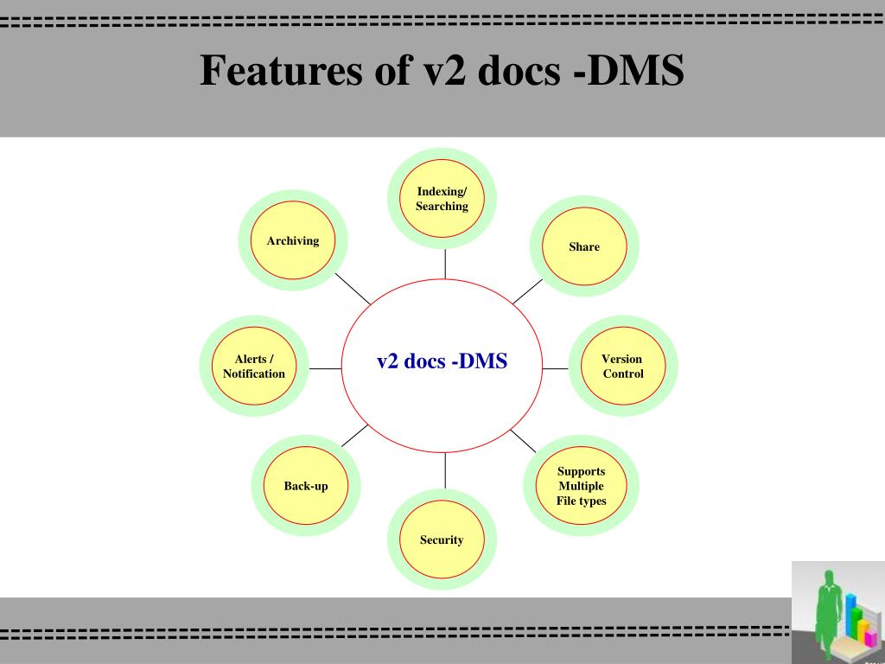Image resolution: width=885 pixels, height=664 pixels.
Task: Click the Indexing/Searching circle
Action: tap(442, 199)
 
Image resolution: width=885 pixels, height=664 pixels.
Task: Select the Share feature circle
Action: tap(583, 246)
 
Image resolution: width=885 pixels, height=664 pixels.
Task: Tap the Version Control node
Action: tap(622, 367)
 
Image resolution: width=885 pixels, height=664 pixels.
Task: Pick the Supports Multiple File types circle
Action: tap(581, 486)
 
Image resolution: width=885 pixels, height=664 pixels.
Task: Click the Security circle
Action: tap(442, 540)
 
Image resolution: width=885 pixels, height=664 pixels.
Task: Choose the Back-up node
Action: tap(306, 486)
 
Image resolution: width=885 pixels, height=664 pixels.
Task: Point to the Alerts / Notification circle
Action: tap(254, 367)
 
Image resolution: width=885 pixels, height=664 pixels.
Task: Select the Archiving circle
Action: tap(293, 241)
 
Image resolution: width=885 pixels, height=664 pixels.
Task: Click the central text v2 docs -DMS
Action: tap(442, 361)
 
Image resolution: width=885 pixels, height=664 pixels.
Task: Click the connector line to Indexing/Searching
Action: tap(445, 264)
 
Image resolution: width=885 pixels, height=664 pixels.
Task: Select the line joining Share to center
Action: tap(527, 291)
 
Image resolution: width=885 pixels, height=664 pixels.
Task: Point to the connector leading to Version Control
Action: tap(555, 368)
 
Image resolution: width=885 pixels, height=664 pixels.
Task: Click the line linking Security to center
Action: tap(445, 469)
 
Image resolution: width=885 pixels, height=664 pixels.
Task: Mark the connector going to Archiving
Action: tap(353, 289)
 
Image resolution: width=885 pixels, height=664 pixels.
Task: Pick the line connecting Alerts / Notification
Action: tap(326, 368)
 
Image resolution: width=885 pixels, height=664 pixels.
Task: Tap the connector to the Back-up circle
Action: tap(355, 435)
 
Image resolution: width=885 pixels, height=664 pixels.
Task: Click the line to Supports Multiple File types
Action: tap(523, 441)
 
